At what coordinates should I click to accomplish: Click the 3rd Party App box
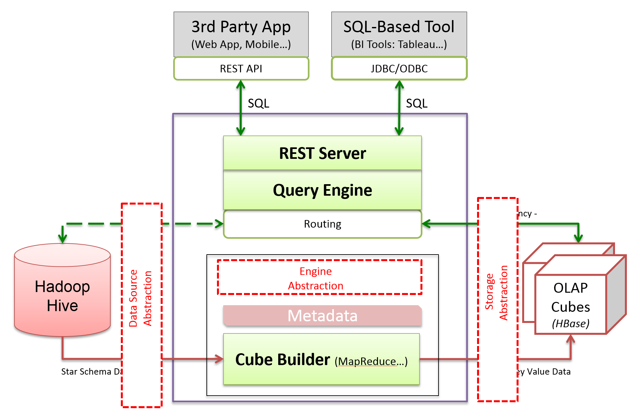click(241, 34)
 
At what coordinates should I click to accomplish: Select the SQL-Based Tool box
click(399, 34)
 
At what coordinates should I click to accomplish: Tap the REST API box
click(241, 68)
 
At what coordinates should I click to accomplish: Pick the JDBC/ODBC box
click(399, 68)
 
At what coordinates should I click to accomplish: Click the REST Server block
click(322, 153)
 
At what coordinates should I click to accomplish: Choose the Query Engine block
click(322, 190)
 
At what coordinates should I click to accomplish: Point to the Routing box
click(322, 224)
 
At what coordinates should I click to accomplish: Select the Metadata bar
click(322, 316)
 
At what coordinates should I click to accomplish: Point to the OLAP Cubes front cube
click(571, 304)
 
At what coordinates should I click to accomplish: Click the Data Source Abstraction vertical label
click(141, 298)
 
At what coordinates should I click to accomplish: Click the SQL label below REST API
click(258, 103)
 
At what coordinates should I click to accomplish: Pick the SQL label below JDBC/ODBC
click(416, 103)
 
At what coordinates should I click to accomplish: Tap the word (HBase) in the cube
click(571, 324)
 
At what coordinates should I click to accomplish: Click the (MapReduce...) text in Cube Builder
click(371, 361)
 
